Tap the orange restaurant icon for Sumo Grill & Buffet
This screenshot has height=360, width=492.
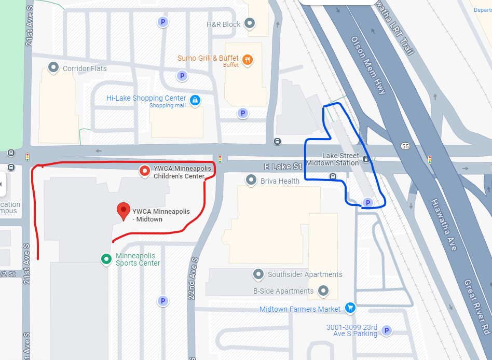[247, 60]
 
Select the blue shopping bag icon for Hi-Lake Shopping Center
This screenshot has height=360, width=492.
[195, 100]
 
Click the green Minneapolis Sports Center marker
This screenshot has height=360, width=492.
[106, 258]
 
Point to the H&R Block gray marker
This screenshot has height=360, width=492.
[250, 23]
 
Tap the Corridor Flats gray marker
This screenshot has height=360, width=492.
[53, 67]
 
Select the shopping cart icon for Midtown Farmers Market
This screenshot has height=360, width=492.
[350, 308]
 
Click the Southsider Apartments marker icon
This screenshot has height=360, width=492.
[258, 274]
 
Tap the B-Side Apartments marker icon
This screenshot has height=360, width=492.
[323, 290]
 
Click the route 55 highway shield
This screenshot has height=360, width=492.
[405, 146]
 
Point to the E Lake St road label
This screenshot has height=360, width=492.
[283, 167]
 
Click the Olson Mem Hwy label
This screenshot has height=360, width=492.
[368, 65]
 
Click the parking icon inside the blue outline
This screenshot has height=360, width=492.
[367, 203]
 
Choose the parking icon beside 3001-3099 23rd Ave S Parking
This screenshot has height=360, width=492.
[386, 330]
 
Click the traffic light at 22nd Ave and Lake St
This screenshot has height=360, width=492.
[220, 159]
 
